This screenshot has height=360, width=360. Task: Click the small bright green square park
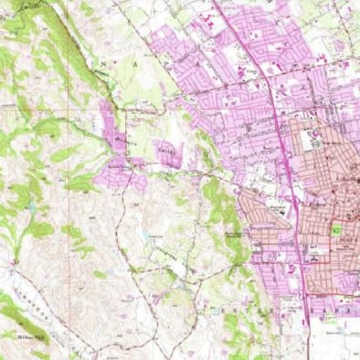click(x=337, y=229)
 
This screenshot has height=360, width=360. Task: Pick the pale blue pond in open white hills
click(x=144, y=236)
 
